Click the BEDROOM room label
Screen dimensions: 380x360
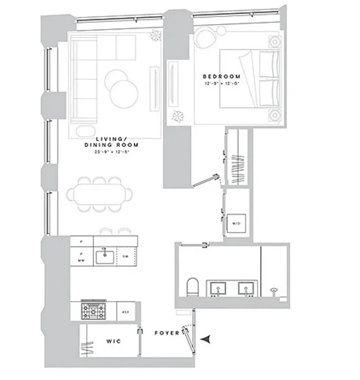coord(221,76)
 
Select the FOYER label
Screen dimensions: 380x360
coord(167,333)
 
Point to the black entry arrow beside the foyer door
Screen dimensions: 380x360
coord(206,339)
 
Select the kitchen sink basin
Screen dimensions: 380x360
coord(104,257)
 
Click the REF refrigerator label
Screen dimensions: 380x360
coord(126,312)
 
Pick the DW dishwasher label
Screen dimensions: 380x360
coord(125,256)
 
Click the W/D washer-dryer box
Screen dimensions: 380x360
coord(236,223)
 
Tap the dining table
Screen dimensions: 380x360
coord(100,194)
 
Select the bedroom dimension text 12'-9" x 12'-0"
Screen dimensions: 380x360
coord(221,84)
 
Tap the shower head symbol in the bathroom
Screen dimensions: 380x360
coord(274,290)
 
